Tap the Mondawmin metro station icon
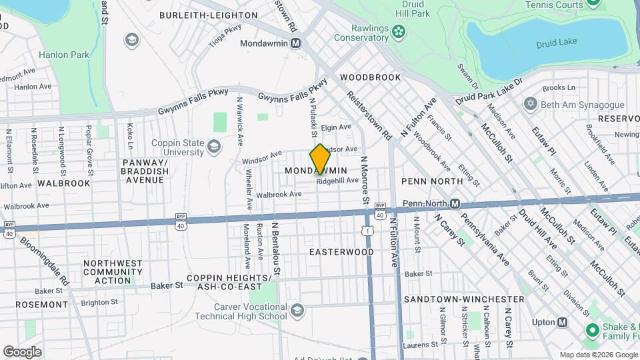pyautogui.click(x=296, y=43)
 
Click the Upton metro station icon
pyautogui.click(x=563, y=322)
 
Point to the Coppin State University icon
pyautogui.click(x=214, y=146)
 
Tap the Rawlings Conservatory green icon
pyautogui.click(x=399, y=31)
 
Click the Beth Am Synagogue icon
pyautogui.click(x=531, y=104)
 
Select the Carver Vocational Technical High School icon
pyautogui.click(x=297, y=310)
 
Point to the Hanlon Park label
pyautogui.click(x=64, y=55)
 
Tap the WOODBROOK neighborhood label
pyautogui.click(x=371, y=77)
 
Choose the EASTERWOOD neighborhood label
pyautogui.click(x=342, y=252)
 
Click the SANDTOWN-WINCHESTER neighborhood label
pyautogui.click(x=464, y=299)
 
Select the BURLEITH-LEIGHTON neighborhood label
pyautogui.click(x=199, y=15)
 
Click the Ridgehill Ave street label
pyautogui.click(x=337, y=181)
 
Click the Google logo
pyautogui.click(x=22, y=351)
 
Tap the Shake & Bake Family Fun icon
pyautogui.click(x=591, y=329)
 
